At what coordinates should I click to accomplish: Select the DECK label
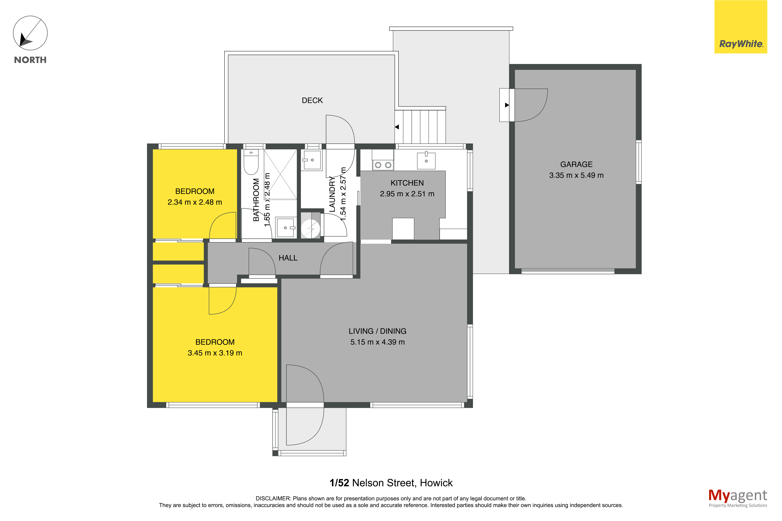pyautogui.click(x=312, y=100)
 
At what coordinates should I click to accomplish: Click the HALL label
pyautogui.click(x=288, y=258)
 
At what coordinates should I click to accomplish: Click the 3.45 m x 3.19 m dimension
pyautogui.click(x=215, y=353)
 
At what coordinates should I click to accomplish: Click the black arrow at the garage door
pyautogui.click(x=507, y=105)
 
